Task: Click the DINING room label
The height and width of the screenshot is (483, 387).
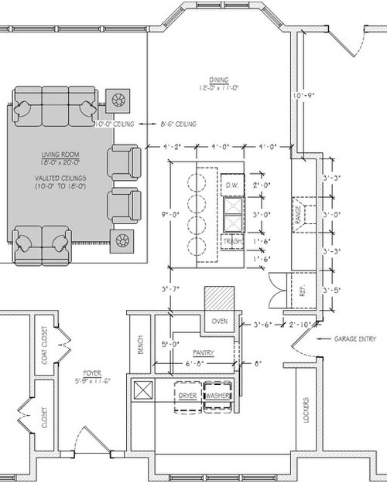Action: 217,79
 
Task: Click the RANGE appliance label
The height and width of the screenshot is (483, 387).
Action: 297,209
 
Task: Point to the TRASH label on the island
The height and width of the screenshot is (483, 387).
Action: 233,242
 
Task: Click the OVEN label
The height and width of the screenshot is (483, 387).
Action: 219,321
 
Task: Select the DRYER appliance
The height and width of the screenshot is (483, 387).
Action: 187,396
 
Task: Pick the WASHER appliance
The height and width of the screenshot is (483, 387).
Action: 217,396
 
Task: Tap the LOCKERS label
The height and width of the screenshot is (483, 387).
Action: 307,411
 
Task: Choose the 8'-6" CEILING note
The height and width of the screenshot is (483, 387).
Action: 177,124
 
